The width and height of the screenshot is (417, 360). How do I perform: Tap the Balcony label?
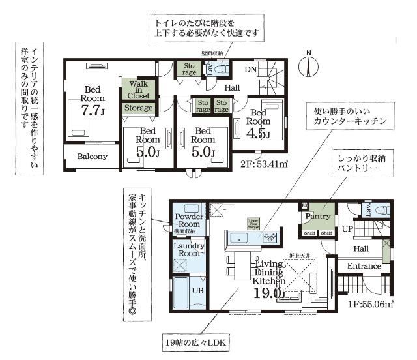92,157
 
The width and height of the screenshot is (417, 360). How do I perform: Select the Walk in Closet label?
138,90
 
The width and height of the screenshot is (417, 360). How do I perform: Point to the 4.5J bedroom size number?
259,134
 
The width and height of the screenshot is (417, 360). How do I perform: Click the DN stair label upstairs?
250,70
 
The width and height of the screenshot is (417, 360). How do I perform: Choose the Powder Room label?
189,220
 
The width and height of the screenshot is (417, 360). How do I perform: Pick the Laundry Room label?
189,249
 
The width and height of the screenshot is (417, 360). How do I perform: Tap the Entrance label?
364,266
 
